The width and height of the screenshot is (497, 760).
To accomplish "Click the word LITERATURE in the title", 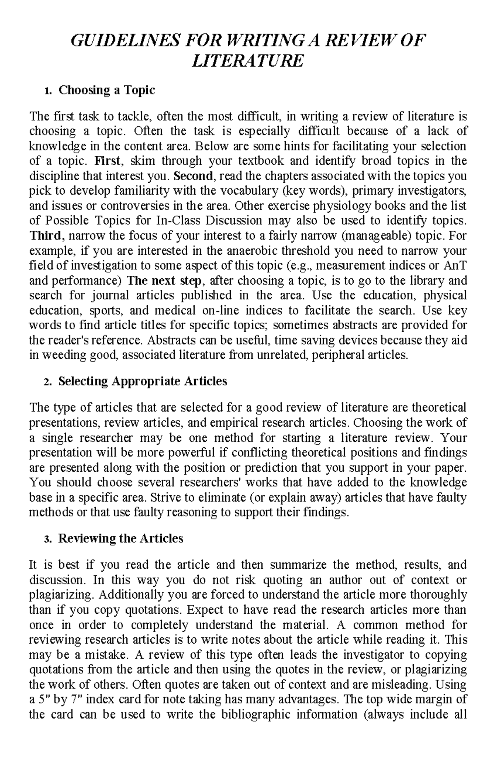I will [x=248, y=61].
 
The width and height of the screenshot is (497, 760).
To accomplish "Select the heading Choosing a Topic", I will [x=106, y=90].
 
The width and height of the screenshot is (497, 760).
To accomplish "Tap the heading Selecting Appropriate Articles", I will [x=142, y=381].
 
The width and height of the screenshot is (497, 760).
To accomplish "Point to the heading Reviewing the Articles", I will [x=121, y=538].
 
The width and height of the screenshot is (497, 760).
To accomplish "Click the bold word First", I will [x=107, y=161].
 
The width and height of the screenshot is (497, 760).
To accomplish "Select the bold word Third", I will [x=46, y=236].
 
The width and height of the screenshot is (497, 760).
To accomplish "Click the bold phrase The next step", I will [x=164, y=281].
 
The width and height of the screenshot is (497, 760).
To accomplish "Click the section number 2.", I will [x=46, y=382].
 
